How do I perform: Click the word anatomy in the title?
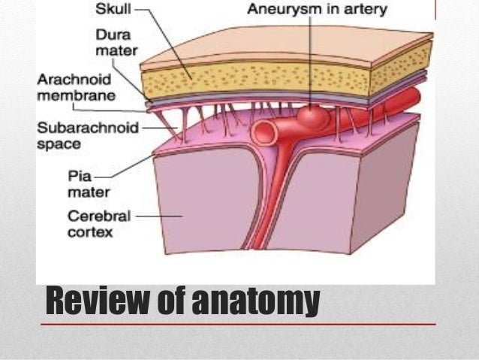coord(255,302)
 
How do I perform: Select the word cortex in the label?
coord(88,232)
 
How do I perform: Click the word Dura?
coord(109,35)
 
